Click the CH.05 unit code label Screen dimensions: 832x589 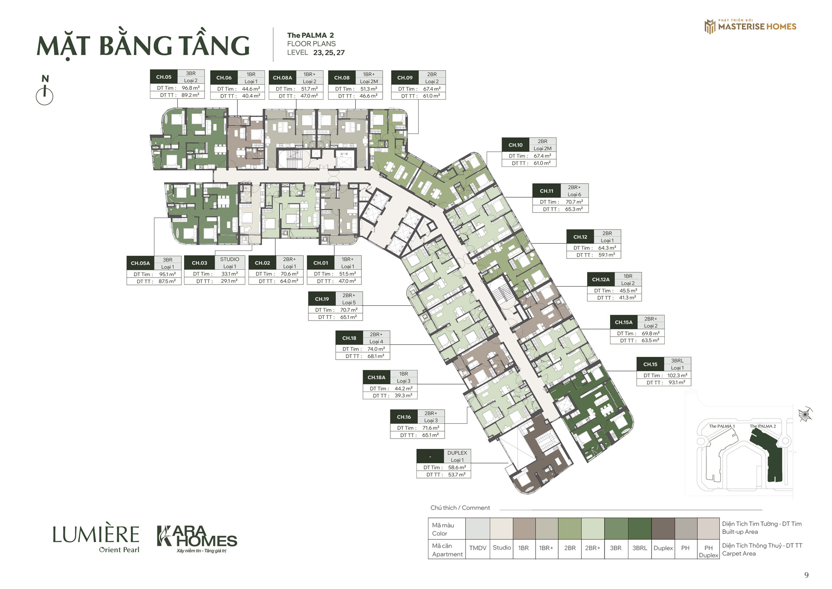[x=164, y=77]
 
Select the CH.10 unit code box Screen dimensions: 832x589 [x=516, y=145]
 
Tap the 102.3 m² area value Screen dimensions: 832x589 [x=677, y=376]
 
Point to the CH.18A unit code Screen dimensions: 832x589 [x=377, y=378]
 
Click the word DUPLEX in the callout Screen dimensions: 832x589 [x=457, y=453]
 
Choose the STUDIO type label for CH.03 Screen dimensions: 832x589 [x=230, y=259]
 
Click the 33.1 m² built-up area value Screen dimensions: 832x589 [x=230, y=274]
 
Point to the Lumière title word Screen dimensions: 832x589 [x=96, y=535]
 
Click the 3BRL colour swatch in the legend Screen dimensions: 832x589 [x=640, y=529]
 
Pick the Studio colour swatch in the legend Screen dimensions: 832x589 [x=501, y=529]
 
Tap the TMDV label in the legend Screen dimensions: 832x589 [x=478, y=548]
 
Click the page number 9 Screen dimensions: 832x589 [x=806, y=575]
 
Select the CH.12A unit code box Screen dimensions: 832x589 [x=601, y=280]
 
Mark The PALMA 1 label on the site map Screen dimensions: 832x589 [x=722, y=426]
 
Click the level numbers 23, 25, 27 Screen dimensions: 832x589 [x=329, y=53]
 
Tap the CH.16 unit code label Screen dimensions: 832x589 [x=404, y=417]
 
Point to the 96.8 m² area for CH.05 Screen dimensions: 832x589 [x=191, y=88]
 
